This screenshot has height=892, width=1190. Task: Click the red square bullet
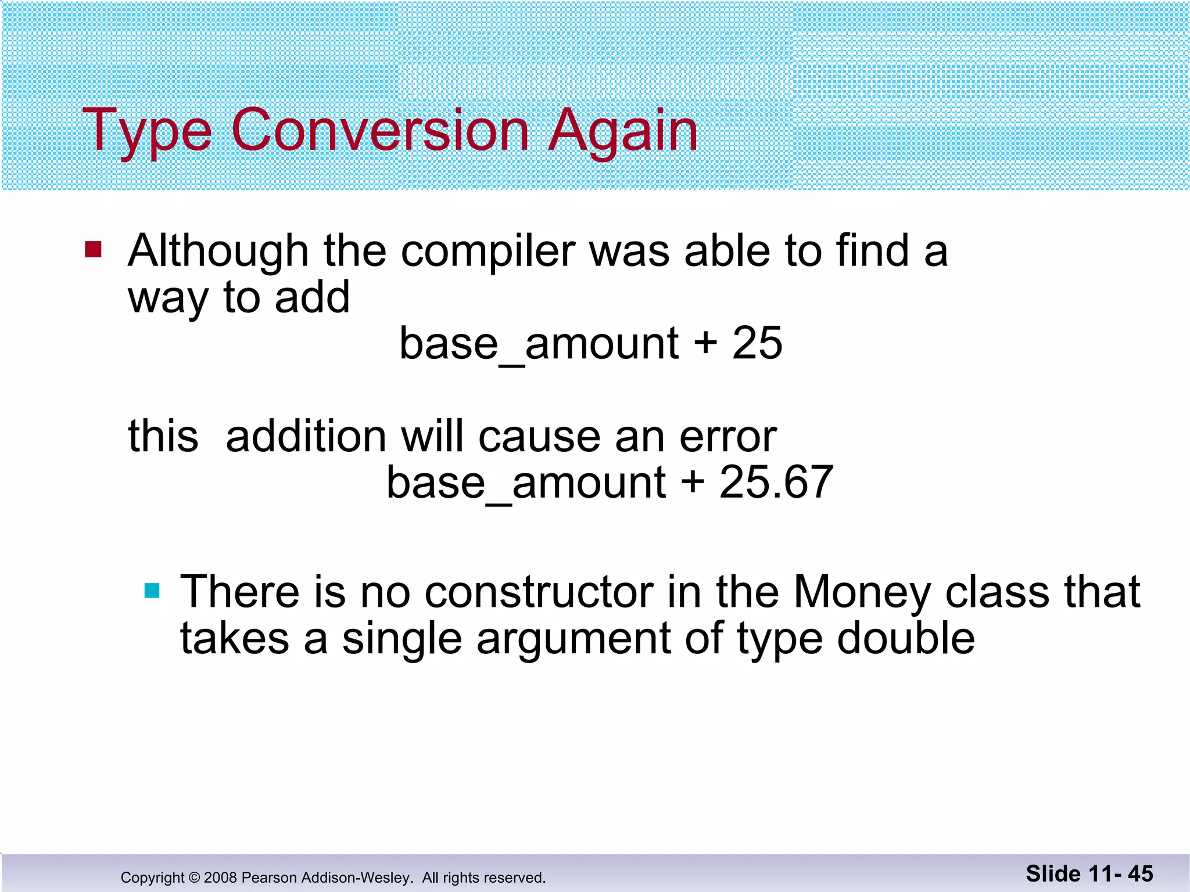pos(93,250)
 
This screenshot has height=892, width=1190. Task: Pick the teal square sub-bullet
pos(152,591)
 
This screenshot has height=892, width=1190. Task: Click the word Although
pos(218,251)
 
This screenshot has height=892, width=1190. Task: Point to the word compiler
pos(488,251)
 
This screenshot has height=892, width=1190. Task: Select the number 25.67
pos(776,482)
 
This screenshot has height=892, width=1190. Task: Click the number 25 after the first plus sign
pos(757,343)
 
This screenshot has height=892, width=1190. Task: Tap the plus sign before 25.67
pos(693,482)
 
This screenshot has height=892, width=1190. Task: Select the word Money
pos(862,592)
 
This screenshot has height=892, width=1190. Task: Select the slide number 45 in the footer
pos(1140,873)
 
